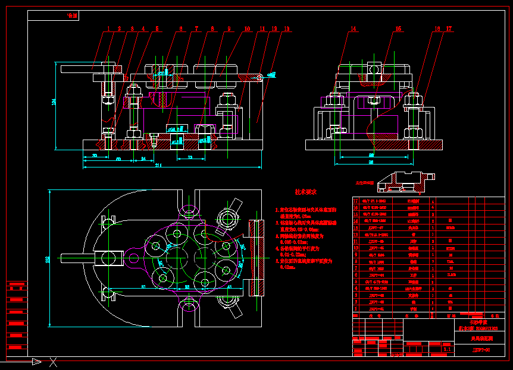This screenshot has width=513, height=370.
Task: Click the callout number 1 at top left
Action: coord(109,28)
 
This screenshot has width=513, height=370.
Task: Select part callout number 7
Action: coord(196,28)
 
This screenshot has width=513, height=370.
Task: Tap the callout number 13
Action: coord(287,28)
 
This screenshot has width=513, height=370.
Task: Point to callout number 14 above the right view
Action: coord(353,28)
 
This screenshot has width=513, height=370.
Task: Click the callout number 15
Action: coord(398,28)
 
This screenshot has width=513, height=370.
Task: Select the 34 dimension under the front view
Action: coord(143,159)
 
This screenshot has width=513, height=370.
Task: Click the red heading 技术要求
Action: coord(305,192)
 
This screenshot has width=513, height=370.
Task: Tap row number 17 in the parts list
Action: coord(356,201)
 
